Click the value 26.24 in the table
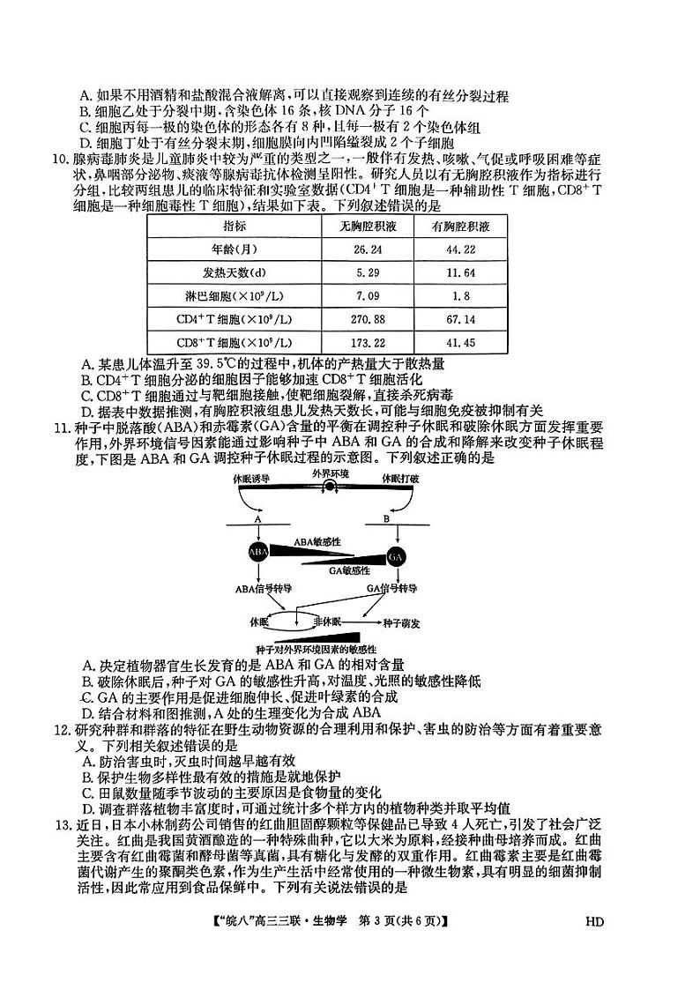tap(367, 249)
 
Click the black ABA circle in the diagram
tap(258, 553)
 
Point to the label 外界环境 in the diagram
tap(330, 474)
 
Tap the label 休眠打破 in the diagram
tap(400, 478)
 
